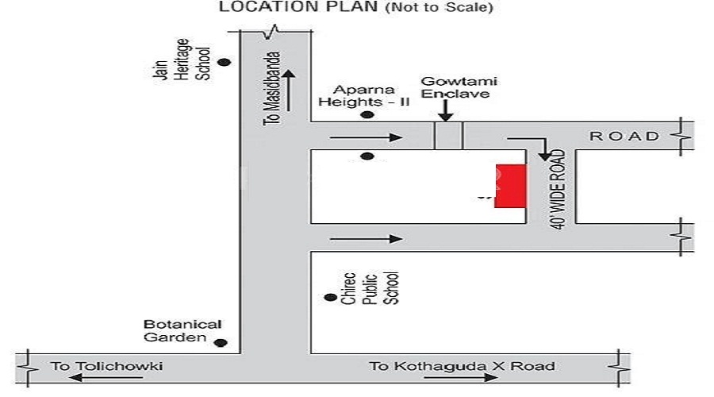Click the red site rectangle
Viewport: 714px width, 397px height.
[x=510, y=186]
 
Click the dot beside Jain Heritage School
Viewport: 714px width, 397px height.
[x=224, y=62]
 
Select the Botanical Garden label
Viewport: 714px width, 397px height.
[x=182, y=331]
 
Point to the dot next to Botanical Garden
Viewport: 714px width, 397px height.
[x=221, y=343]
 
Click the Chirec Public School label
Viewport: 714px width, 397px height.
[x=370, y=288]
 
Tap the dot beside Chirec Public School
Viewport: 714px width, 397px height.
[x=331, y=297]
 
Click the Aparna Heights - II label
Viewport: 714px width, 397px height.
[x=364, y=95]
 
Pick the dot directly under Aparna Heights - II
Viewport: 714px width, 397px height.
[x=367, y=115]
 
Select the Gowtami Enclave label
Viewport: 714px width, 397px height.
[x=459, y=87]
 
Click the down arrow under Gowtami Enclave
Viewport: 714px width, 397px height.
[x=446, y=110]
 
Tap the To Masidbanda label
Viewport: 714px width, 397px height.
[x=271, y=88]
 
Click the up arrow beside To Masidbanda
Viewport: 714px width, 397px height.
[x=289, y=91]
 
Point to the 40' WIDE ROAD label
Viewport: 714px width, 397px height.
[x=558, y=189]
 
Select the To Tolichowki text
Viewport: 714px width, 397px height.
[x=106, y=366]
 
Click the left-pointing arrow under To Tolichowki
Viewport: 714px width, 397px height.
[x=106, y=377]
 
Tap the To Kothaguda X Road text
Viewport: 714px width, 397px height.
[x=462, y=366]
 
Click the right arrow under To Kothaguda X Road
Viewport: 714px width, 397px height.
[x=461, y=377]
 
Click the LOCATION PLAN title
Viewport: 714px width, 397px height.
[x=299, y=7]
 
